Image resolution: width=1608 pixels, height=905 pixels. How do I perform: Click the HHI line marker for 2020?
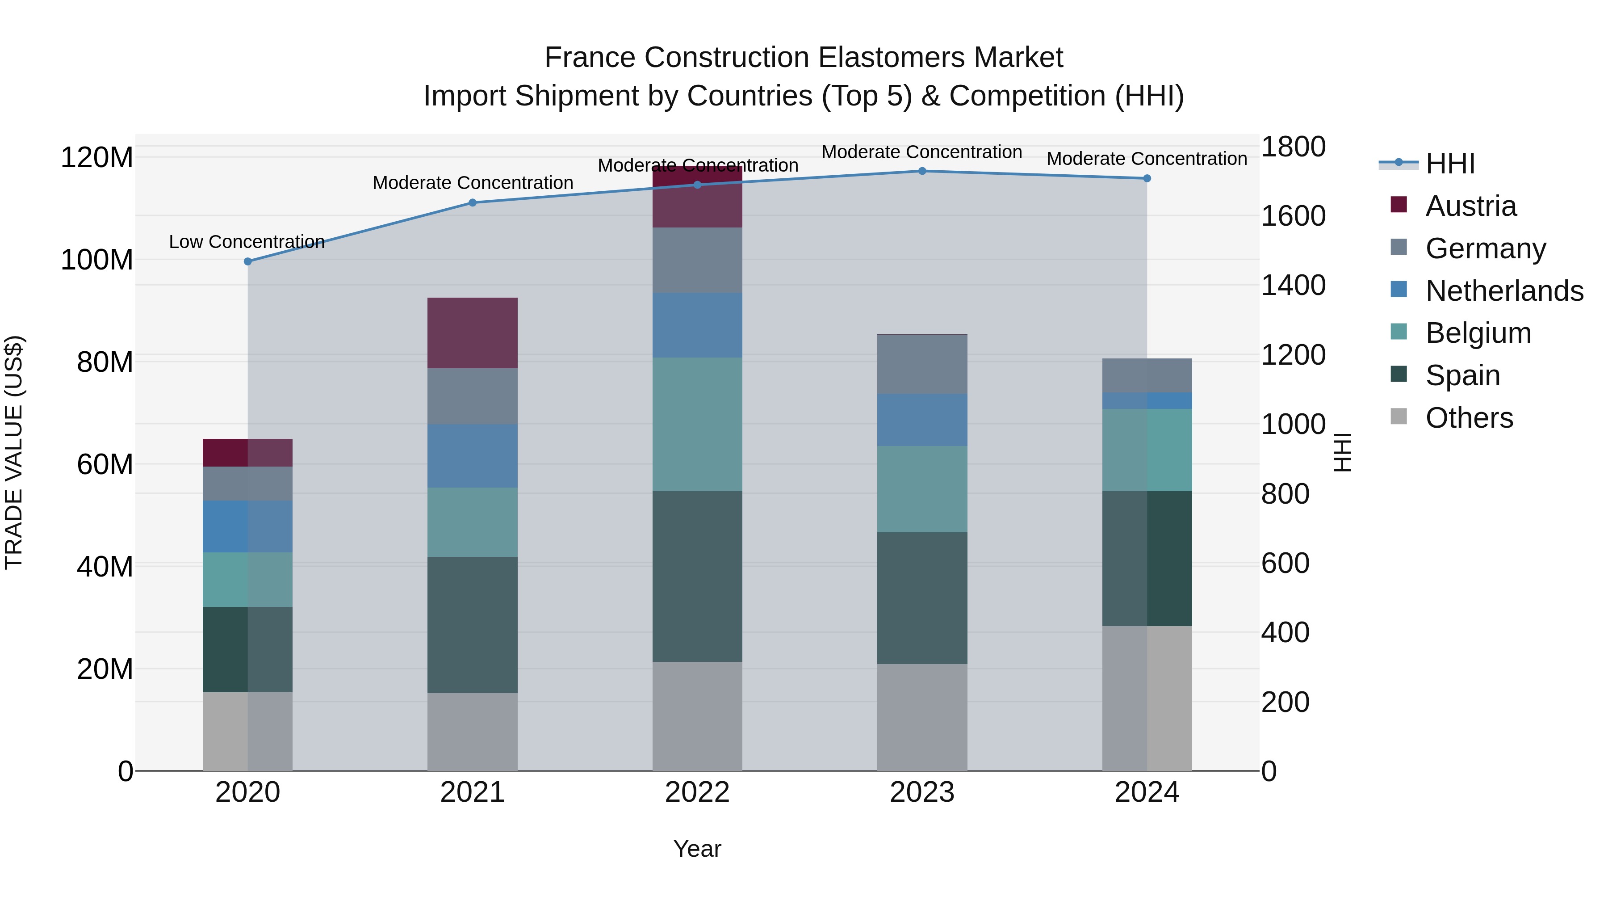click(x=248, y=262)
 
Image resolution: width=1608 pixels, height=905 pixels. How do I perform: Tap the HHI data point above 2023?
click(x=922, y=171)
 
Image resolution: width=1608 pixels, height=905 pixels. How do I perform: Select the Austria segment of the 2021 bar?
click(x=473, y=333)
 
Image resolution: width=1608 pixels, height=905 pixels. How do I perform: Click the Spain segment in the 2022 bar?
click(x=697, y=577)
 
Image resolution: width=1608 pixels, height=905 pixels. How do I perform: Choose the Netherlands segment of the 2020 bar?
click(x=248, y=526)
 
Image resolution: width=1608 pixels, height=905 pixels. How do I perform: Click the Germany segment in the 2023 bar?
click(x=922, y=364)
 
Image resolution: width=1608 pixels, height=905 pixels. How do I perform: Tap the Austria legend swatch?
click(x=1399, y=205)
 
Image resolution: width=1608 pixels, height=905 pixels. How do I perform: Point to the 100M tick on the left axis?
click(x=97, y=260)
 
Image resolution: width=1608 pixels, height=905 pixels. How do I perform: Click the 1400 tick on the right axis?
click(x=1293, y=286)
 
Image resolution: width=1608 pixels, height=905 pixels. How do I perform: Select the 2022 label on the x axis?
click(x=697, y=792)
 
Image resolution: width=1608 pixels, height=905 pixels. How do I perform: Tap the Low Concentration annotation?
click(x=247, y=242)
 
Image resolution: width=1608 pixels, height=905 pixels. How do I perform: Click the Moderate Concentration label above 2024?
click(x=1147, y=159)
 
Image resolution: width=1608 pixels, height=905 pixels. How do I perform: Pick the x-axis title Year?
click(x=697, y=849)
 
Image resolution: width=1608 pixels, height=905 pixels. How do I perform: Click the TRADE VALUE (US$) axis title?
click(x=14, y=452)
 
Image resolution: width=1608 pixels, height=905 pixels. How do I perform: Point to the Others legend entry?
click(x=1469, y=418)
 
